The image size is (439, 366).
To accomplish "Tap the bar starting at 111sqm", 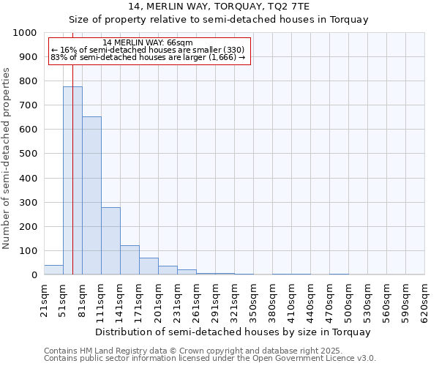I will pyautogui.click(x=110, y=241).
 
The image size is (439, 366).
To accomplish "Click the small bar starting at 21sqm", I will pyautogui.click(x=53, y=270).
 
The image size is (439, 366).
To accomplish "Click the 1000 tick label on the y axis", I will pyautogui.click(x=25, y=33).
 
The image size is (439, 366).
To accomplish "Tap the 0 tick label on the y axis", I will pyautogui.click(x=34, y=275).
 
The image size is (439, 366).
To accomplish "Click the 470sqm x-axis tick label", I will pyautogui.click(x=330, y=301).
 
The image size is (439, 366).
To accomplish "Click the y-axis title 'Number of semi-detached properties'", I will pyautogui.click(x=7, y=158).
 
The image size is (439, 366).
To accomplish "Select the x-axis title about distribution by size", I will pyautogui.click(x=233, y=332).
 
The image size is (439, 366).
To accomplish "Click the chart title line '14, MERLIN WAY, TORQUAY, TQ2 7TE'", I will pyautogui.click(x=233, y=7).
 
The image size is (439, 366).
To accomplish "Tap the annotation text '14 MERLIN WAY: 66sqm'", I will pyautogui.click(x=148, y=43).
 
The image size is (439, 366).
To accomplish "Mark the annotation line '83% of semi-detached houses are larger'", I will pyautogui.click(x=148, y=57).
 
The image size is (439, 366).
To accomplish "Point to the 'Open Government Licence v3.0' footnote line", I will pyautogui.click(x=210, y=359).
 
